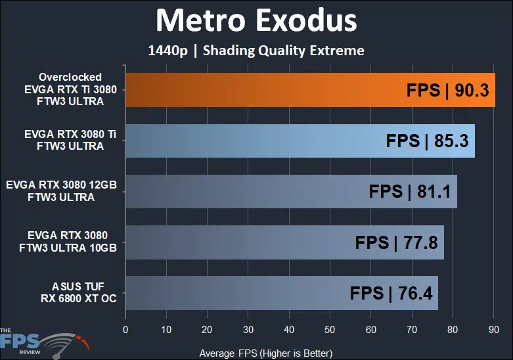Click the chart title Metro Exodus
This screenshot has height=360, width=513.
256,21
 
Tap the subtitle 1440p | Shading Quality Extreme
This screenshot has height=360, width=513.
256,51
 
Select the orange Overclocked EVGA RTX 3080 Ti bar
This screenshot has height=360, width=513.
263,90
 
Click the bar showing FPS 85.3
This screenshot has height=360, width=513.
250,141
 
